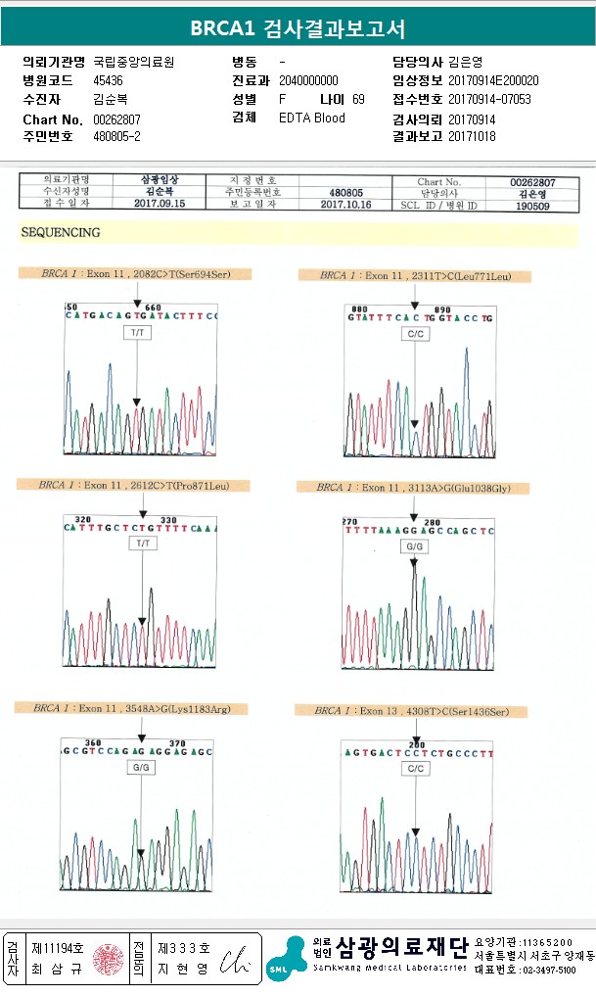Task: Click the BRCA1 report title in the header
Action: tap(298, 28)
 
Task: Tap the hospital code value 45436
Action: tap(108, 80)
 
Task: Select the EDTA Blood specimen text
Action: tap(311, 118)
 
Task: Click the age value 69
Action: tap(358, 99)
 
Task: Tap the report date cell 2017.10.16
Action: tap(347, 205)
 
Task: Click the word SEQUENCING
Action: tap(61, 233)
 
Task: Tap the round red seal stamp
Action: tap(108, 958)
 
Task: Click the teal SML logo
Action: tap(286, 958)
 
